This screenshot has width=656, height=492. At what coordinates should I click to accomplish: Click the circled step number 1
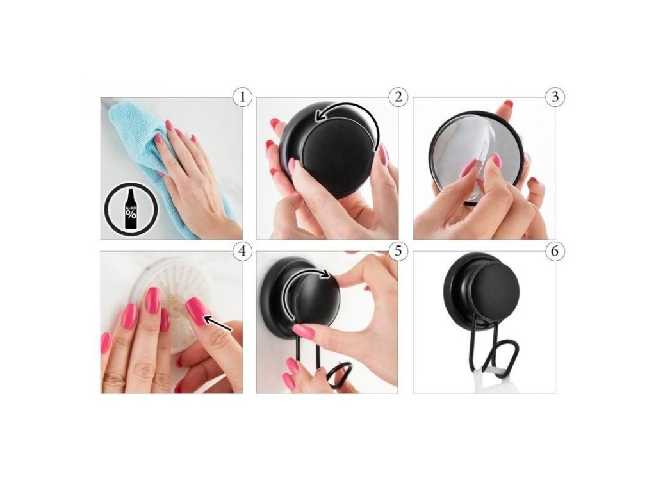click(242, 97)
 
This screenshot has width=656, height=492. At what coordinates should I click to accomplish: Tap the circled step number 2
click(398, 97)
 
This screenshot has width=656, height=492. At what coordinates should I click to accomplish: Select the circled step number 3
click(555, 97)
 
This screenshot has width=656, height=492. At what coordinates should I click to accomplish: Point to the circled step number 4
click(242, 251)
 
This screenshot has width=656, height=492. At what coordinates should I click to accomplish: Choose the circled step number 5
click(398, 251)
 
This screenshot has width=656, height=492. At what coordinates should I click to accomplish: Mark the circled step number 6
click(555, 251)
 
